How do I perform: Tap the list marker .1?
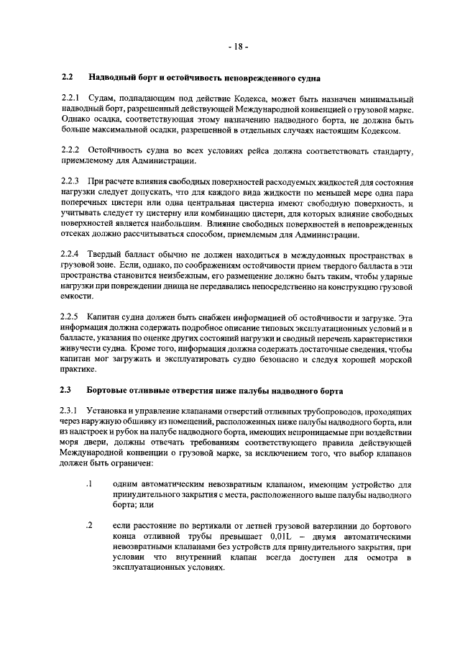tap(90, 484)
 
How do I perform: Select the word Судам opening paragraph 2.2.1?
tap(102, 97)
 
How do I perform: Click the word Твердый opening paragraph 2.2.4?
tap(105, 255)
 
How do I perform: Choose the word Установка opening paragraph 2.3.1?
tap(108, 410)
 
